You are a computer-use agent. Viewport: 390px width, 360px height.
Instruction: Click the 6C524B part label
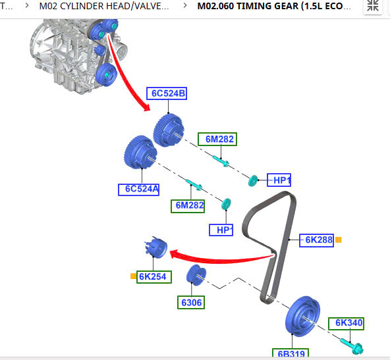pyautogui.click(x=167, y=93)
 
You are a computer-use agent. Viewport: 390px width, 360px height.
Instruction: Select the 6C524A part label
pyautogui.click(x=138, y=190)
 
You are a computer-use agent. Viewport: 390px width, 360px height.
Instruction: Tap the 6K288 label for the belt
pyautogui.click(x=316, y=240)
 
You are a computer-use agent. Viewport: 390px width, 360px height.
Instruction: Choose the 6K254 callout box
pyautogui.click(x=154, y=276)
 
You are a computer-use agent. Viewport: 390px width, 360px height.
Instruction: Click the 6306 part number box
pyautogui.click(x=191, y=302)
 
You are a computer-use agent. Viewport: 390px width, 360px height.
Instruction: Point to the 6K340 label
pyautogui.click(x=346, y=324)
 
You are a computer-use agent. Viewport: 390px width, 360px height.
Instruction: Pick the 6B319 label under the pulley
pyautogui.click(x=291, y=354)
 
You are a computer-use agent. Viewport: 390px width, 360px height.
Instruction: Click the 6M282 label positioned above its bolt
pyautogui.click(x=217, y=139)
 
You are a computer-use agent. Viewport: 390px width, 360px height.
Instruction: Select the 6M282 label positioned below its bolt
pyautogui.click(x=188, y=206)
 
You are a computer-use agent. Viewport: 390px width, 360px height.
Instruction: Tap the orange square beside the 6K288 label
pyautogui.click(x=338, y=240)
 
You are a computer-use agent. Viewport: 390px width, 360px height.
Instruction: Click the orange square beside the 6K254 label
pyautogui.click(x=133, y=276)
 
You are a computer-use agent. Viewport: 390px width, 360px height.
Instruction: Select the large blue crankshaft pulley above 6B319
pyautogui.click(x=302, y=316)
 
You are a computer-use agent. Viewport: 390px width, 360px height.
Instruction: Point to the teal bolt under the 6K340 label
pyautogui.click(x=352, y=346)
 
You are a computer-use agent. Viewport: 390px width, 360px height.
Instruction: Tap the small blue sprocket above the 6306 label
pyautogui.click(x=196, y=275)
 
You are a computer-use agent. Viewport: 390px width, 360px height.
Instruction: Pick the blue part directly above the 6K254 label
pyautogui.click(x=156, y=247)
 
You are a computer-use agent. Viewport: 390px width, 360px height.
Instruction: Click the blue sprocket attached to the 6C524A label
pyautogui.click(x=140, y=152)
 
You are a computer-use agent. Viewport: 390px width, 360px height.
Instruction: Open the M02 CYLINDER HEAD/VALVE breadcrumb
pyautogui.click(x=104, y=6)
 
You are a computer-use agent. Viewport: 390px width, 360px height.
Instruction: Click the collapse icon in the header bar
pyautogui.click(x=373, y=5)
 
